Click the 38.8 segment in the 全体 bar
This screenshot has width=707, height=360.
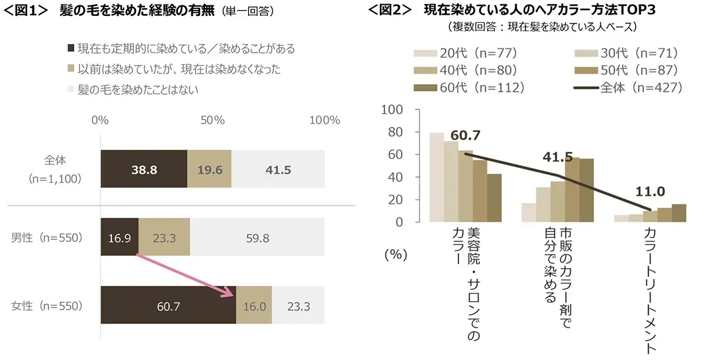[x=144, y=169]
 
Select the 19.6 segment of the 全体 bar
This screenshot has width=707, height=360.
[x=209, y=169]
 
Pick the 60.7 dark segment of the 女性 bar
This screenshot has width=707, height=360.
[x=168, y=306]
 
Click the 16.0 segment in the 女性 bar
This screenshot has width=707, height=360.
[x=254, y=306]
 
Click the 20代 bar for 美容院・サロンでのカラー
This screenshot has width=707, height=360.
[x=437, y=177]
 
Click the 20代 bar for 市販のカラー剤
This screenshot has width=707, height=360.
[x=528, y=213]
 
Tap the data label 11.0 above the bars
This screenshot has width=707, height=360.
[x=650, y=192]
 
